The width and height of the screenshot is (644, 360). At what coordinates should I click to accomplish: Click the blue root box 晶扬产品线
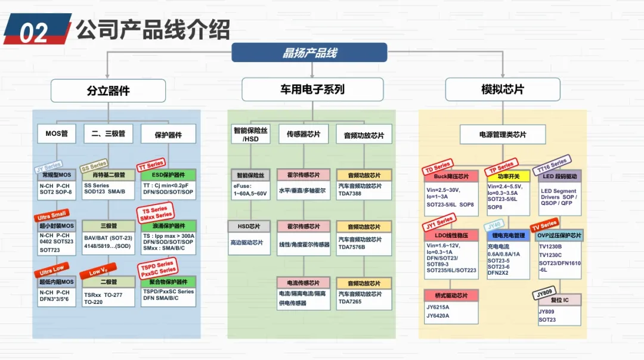309,52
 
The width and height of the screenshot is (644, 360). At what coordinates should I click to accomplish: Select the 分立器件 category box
108,91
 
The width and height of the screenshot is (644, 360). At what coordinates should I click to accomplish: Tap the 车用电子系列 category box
312,90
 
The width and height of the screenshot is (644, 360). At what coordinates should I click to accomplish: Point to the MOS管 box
57,134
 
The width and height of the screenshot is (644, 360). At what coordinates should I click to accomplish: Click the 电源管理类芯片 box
502,135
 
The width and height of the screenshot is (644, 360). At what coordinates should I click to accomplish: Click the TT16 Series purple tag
552,163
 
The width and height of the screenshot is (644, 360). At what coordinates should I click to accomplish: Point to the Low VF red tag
98,272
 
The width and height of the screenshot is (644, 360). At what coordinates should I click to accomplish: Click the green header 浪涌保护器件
169,226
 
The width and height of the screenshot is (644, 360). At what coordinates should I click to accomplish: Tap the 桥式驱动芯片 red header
451,295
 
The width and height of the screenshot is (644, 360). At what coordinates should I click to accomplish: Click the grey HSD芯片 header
249,226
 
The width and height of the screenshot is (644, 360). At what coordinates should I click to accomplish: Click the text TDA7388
351,194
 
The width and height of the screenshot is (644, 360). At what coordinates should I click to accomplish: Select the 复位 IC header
559,300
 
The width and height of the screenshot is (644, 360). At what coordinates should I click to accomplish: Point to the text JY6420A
438,316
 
